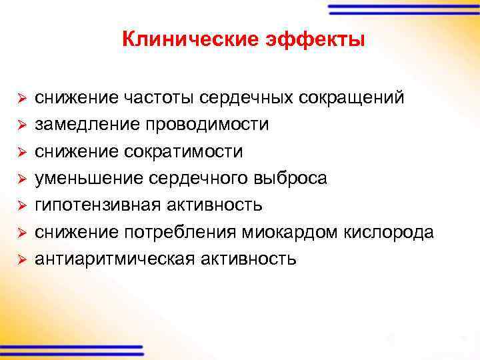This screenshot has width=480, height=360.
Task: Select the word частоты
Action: [x=161, y=98]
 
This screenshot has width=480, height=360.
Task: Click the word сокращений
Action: [x=351, y=98]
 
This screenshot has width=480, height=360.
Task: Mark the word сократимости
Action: [x=181, y=151]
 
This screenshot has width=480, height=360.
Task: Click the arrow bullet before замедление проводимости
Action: [x=21, y=125]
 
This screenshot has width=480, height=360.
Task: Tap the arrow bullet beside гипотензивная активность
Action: [x=21, y=205]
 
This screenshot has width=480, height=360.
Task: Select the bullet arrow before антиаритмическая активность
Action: [x=21, y=259]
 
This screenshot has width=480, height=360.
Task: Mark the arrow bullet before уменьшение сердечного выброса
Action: [x=21, y=179]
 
